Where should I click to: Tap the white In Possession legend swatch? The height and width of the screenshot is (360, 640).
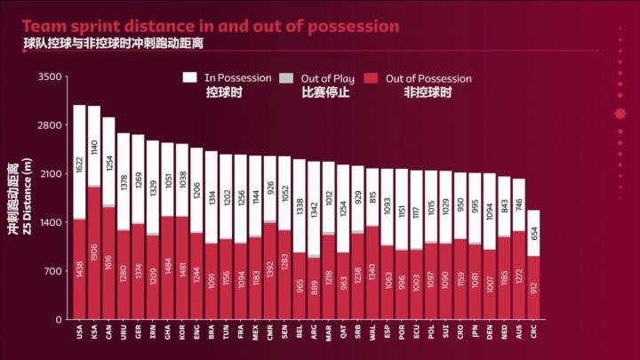(x=191, y=78)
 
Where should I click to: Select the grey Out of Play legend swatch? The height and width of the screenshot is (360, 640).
(x=285, y=78)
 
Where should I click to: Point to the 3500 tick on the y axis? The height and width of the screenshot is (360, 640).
(x=50, y=76)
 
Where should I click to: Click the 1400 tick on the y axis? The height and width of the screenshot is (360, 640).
(x=50, y=222)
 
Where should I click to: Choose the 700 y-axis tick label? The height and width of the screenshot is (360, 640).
(x=52, y=270)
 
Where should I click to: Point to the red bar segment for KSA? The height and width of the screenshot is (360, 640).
(x=94, y=252)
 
